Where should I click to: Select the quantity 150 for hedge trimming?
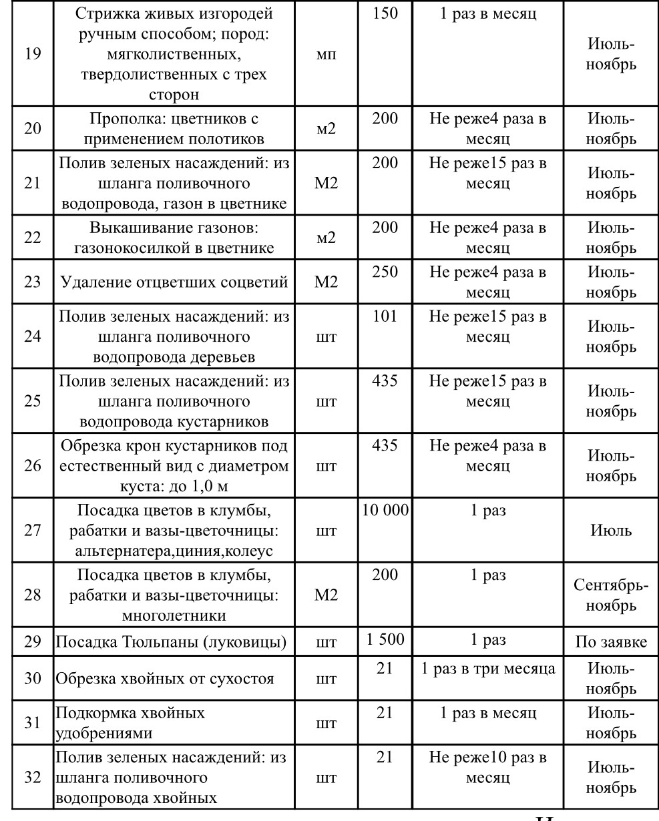385,14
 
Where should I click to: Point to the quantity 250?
385,274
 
